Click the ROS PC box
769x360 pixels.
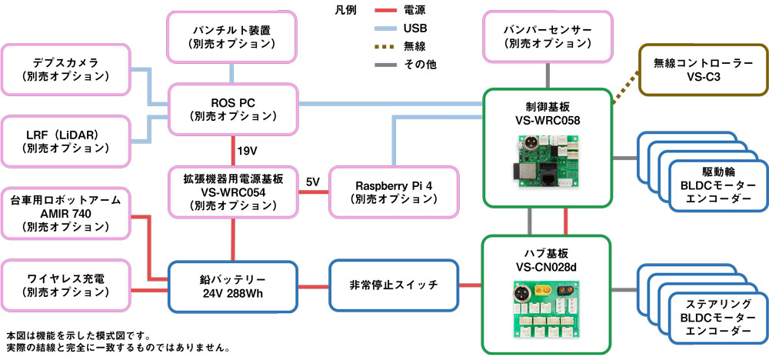[x=234, y=109]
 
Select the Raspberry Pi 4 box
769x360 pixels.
[x=394, y=192]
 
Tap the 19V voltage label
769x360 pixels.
[x=247, y=151]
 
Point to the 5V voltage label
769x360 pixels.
[x=313, y=182]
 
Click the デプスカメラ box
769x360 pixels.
[x=66, y=70]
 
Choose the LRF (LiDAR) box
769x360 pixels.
[x=66, y=141]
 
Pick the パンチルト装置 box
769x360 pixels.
[x=232, y=37]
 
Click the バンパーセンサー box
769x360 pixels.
[x=548, y=37]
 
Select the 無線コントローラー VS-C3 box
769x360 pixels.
[x=704, y=70]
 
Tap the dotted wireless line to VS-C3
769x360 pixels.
[x=626, y=86]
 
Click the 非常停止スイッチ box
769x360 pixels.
[x=394, y=286]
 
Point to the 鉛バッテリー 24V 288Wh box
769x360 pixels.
[x=233, y=287]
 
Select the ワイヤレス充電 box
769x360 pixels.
[x=66, y=286]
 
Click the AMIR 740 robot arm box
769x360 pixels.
[x=66, y=213]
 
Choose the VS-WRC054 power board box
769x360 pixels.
[x=234, y=192]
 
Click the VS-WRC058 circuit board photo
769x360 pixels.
[x=548, y=162]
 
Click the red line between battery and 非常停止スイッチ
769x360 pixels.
[x=314, y=286]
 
